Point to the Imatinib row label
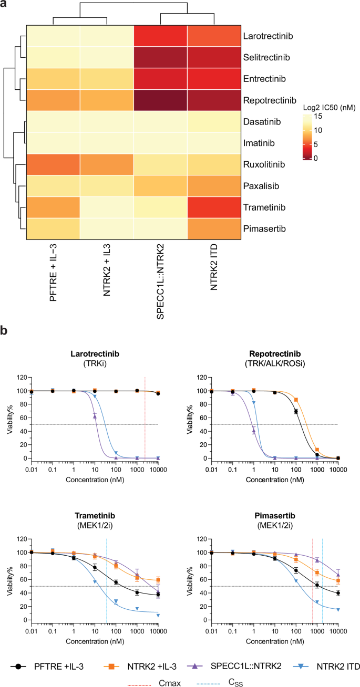pos(260,143)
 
